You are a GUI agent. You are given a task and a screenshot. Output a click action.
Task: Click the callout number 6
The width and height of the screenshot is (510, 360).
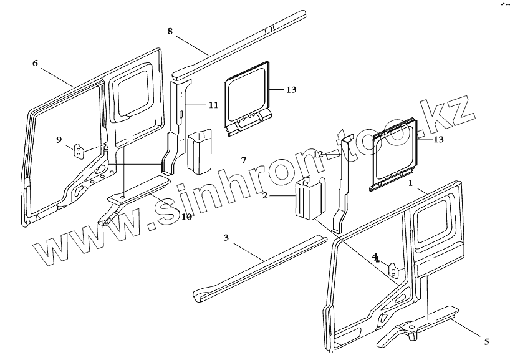pyautogui.click(x=35, y=63)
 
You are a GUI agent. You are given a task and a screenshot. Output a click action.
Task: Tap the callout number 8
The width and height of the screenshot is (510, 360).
pyautogui.click(x=170, y=31)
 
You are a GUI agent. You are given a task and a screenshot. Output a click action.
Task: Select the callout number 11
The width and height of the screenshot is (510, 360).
pyautogui.click(x=213, y=105)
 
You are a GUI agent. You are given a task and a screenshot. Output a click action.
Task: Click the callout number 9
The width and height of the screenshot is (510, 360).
pyautogui.click(x=59, y=140)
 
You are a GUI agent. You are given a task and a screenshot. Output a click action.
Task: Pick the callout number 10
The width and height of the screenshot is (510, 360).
pyautogui.click(x=186, y=216)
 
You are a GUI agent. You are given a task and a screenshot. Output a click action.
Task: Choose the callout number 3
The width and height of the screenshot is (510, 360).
pyautogui.click(x=226, y=237)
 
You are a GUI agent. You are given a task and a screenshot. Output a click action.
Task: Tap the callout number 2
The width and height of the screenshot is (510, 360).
pyautogui.click(x=265, y=195)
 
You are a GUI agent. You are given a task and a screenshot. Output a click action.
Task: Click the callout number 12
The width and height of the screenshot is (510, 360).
pyautogui.click(x=318, y=153)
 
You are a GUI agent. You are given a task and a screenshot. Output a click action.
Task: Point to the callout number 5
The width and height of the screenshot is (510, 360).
pyautogui.click(x=486, y=341)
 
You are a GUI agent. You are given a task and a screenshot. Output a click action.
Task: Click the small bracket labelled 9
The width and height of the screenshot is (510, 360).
pyautogui.click(x=79, y=152)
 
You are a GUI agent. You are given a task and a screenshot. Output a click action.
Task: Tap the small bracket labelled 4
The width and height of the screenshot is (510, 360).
pyautogui.click(x=394, y=270)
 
